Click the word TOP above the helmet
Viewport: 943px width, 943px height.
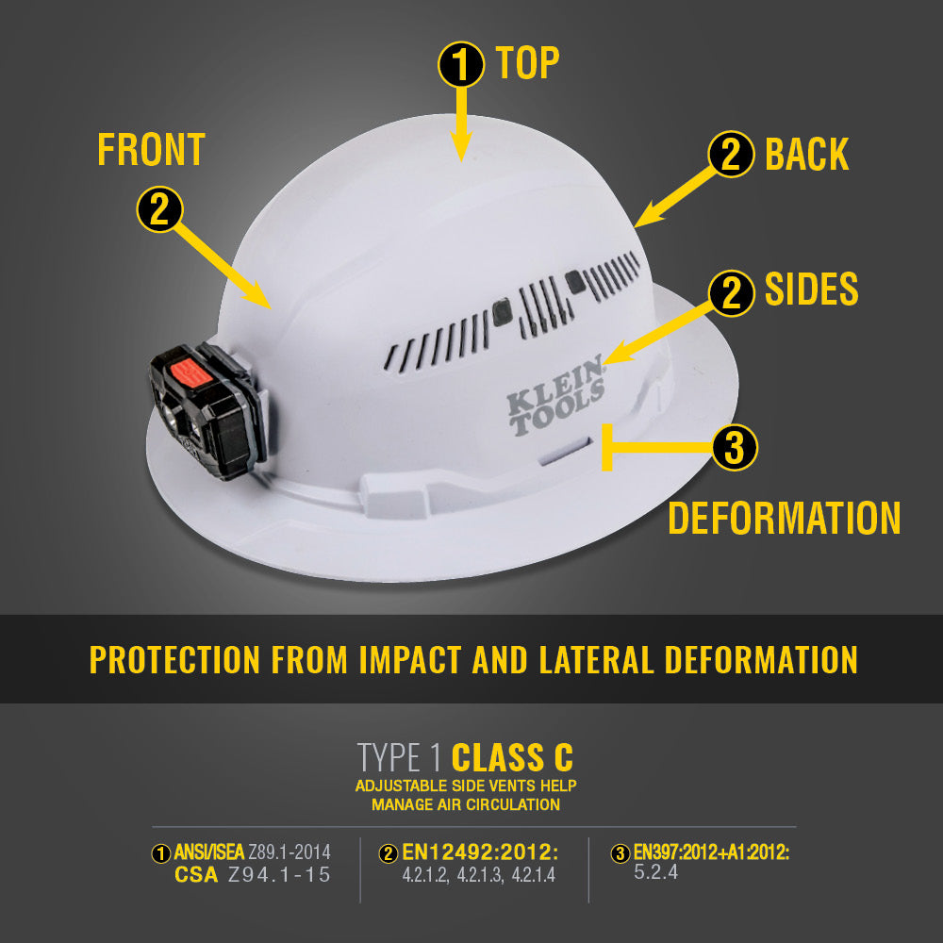(528, 63)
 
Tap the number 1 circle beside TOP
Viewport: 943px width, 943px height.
(461, 65)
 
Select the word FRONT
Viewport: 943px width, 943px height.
(151, 150)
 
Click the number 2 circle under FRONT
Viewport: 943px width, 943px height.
(159, 208)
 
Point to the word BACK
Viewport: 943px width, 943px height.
(806, 155)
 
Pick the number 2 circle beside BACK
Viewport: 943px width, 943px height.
(731, 156)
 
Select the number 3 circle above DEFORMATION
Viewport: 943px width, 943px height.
(735, 448)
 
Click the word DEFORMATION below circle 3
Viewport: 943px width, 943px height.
(785, 518)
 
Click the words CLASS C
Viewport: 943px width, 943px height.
(512, 757)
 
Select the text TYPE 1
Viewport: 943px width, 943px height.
(401, 757)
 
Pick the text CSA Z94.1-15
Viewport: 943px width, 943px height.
(253, 875)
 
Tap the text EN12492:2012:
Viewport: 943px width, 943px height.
(481, 853)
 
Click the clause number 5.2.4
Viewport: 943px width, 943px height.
(655, 872)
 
